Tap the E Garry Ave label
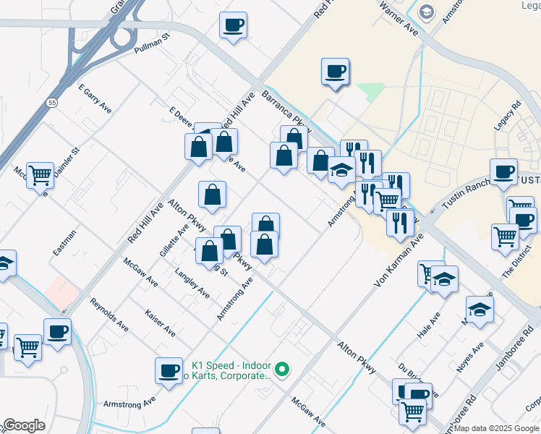pos(94,98)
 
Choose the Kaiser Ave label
pos(160,322)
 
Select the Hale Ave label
pos(430,327)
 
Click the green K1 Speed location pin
pos(283,371)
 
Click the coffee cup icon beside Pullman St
pos(233,26)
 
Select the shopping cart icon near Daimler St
pos(41,174)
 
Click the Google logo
pos(23,425)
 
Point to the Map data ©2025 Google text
pos(496,428)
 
